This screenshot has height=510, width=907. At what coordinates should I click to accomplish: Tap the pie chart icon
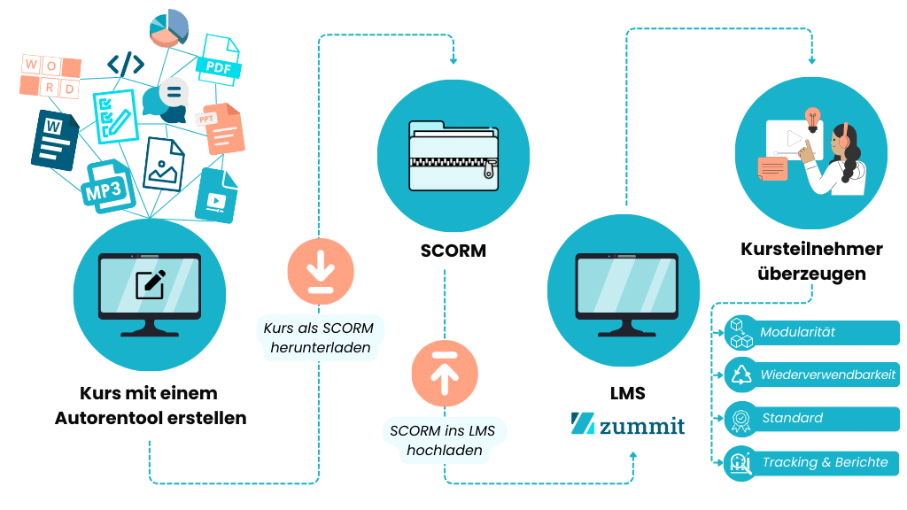point(169,27)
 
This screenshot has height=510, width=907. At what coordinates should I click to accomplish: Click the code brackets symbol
point(125,65)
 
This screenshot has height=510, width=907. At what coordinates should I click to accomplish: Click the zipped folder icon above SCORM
point(453,155)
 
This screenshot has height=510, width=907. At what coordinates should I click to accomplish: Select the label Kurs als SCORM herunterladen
point(319,337)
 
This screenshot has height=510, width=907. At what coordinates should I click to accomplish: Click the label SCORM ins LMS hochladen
point(444,440)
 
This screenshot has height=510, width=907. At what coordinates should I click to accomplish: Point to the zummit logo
point(628,424)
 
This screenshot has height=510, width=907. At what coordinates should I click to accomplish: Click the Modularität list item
point(811,333)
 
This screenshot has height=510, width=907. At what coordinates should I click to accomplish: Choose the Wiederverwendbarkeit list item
point(811,375)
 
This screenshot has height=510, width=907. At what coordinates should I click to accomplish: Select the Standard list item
point(811,418)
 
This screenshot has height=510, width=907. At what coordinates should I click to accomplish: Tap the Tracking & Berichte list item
point(811,462)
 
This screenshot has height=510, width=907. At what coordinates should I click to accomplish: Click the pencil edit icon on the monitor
point(149,282)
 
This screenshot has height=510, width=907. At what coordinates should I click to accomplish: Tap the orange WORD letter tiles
point(50,76)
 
